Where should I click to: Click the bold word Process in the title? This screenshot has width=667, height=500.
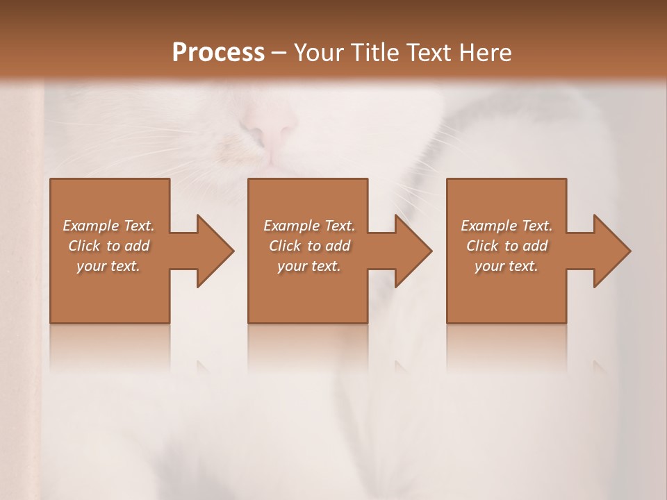[218, 52]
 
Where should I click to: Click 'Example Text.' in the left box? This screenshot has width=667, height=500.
[108, 226]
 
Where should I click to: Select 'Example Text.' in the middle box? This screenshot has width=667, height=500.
[308, 226]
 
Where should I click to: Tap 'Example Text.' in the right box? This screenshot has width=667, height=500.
[507, 226]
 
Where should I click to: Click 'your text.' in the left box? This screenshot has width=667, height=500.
[108, 266]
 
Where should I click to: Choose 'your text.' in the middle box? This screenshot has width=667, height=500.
[308, 266]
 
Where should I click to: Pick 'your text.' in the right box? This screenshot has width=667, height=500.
[507, 266]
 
